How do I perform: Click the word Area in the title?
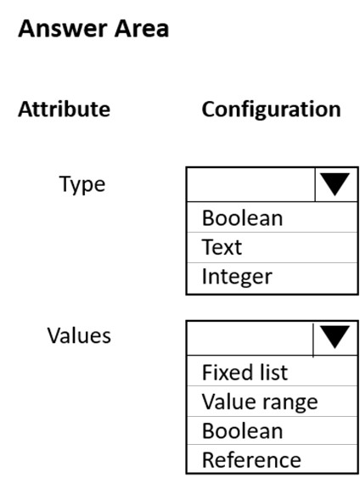(x=142, y=29)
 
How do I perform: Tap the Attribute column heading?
(x=64, y=110)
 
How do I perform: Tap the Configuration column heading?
(x=271, y=110)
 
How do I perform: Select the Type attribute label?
(x=82, y=184)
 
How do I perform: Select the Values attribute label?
(x=79, y=336)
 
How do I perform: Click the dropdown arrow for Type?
(x=335, y=184)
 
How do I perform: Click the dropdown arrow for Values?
(x=335, y=337)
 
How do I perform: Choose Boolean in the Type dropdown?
(x=242, y=217)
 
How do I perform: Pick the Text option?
(x=222, y=247)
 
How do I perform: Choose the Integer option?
(x=237, y=277)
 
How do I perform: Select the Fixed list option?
(x=245, y=372)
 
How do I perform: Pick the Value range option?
(x=260, y=402)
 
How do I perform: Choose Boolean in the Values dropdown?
(x=242, y=431)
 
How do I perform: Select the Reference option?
(x=251, y=460)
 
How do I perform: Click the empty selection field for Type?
(x=250, y=184)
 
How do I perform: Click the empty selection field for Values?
(x=250, y=338)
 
